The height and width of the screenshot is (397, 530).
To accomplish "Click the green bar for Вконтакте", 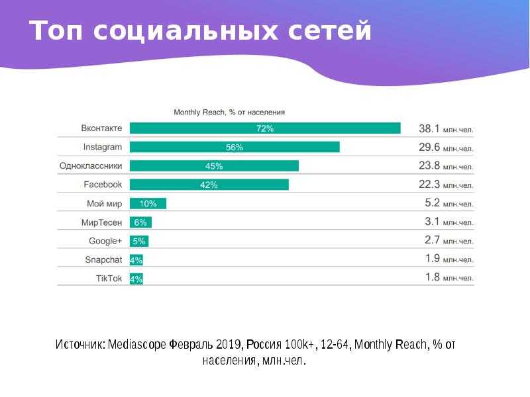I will pos(265,128).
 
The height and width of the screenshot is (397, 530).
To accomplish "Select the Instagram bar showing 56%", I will pos(235,147).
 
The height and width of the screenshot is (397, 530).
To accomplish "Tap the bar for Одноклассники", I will pos(214,166).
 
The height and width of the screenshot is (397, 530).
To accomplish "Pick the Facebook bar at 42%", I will pos(209,185).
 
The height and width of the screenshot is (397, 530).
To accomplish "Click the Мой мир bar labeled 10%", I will pos(148,204).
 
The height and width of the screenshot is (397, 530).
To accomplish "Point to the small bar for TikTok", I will pos(136,279).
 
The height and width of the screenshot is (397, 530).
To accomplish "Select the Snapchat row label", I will pos(104,259).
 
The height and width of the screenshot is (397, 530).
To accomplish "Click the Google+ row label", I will pos(105,241).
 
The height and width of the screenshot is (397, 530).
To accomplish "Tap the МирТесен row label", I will pos(101,222).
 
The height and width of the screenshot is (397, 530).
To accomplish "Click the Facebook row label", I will pos(103,185).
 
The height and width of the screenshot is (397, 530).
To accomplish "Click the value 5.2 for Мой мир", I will pos(432,204).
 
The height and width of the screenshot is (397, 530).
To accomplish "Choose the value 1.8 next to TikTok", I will pos(432,278).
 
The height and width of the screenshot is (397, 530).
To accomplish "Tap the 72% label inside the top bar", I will pos(265,128).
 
